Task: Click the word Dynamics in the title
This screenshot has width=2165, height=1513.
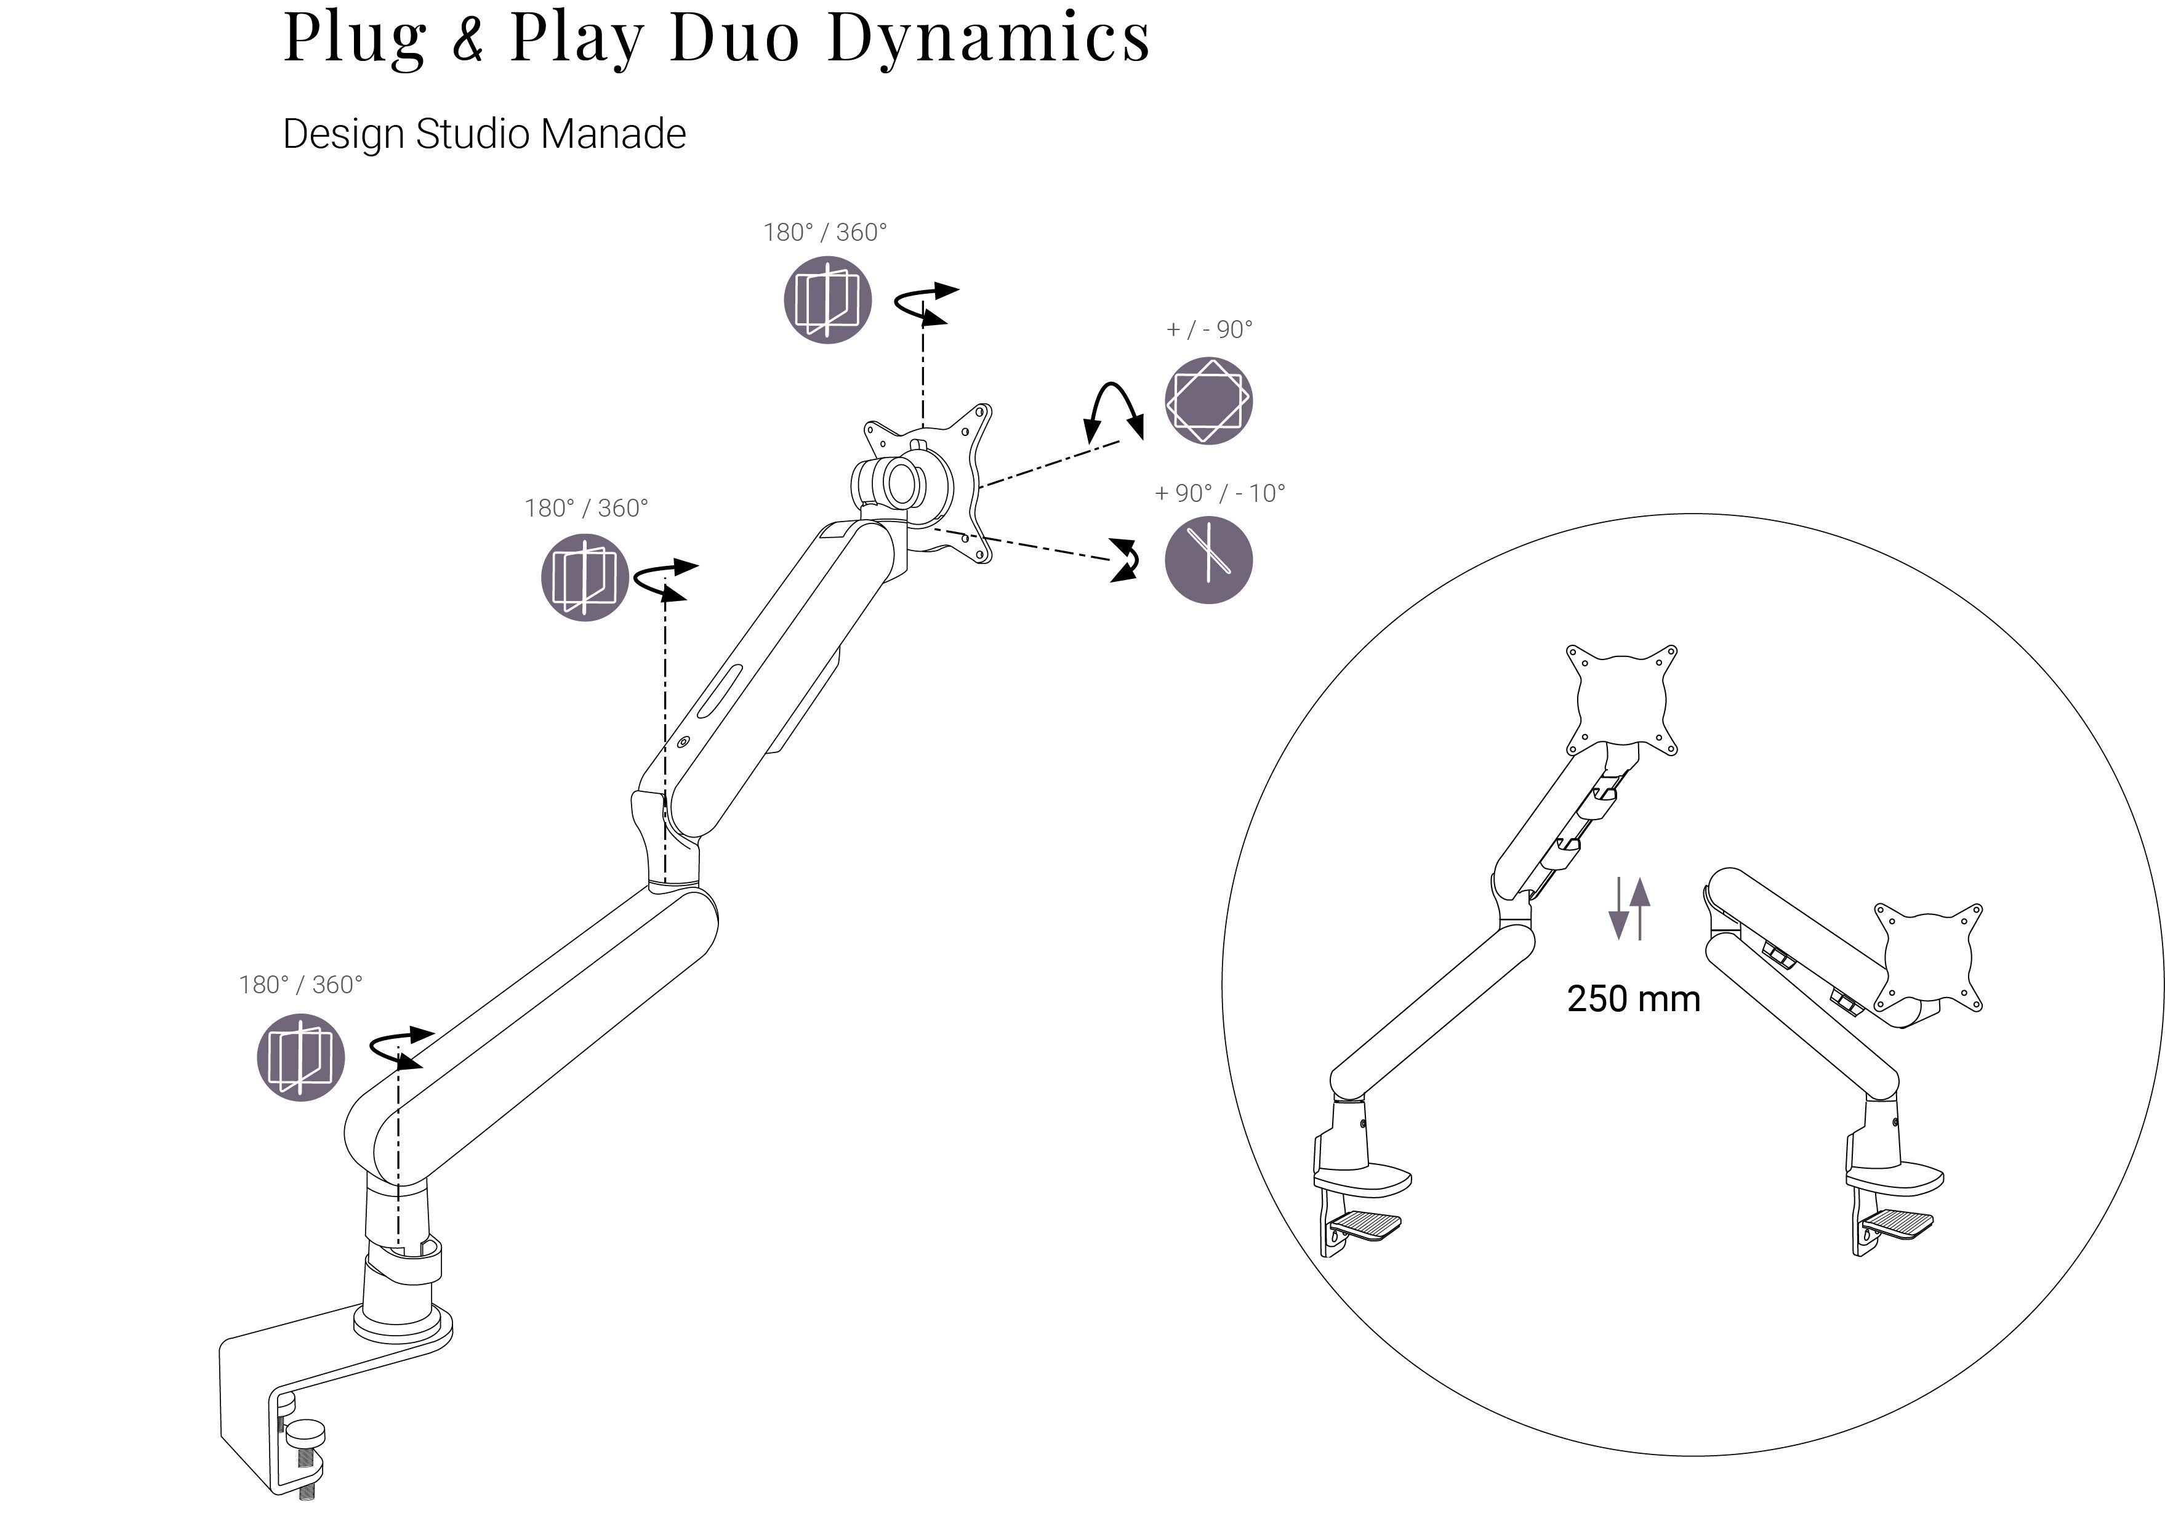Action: click(989, 38)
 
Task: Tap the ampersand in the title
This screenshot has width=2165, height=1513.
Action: click(468, 39)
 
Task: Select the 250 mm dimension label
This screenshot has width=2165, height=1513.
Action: click(1633, 999)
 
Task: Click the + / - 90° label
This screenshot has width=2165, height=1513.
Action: click(1209, 329)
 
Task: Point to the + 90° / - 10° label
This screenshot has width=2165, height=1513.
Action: click(1219, 493)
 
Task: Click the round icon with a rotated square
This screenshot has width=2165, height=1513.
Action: click(1208, 401)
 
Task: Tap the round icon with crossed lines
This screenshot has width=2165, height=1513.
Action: click(1208, 560)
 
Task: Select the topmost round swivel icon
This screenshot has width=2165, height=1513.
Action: click(827, 300)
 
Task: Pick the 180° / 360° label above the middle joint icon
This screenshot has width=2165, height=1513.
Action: click(585, 509)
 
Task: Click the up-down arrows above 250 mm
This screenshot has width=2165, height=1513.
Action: click(1629, 908)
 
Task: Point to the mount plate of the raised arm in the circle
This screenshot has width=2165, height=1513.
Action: click(1621, 699)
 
